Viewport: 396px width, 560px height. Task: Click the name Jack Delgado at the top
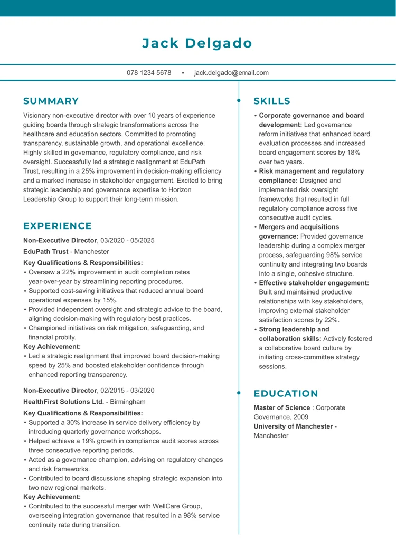tap(197, 43)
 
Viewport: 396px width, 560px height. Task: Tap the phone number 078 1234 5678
tap(149, 72)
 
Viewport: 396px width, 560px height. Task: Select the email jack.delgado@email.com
tap(231, 72)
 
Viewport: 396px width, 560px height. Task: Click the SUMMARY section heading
tap(51, 101)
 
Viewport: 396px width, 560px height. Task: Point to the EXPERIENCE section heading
tap(58, 226)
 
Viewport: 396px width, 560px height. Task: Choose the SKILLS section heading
tap(272, 101)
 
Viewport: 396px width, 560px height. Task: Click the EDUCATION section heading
tap(286, 393)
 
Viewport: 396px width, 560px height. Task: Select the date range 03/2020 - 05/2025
tap(128, 240)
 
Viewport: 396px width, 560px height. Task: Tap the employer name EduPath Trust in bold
tap(46, 252)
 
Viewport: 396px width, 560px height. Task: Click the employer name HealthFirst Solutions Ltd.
tap(64, 401)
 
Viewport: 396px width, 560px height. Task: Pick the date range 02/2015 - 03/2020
tap(128, 390)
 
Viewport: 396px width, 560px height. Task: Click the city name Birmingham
tap(127, 401)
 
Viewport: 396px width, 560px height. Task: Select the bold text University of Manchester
tap(293, 426)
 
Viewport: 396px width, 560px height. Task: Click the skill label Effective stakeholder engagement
tap(314, 283)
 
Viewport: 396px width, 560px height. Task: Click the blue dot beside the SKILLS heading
tap(239, 100)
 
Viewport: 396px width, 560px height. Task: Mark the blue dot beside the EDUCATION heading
tap(239, 393)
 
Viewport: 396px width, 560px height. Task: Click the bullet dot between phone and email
tap(183, 73)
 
